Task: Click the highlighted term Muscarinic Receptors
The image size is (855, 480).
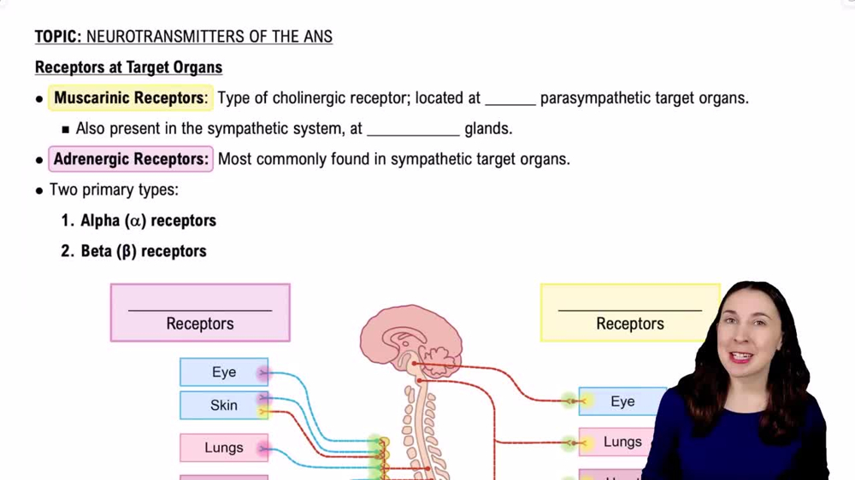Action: tap(130, 98)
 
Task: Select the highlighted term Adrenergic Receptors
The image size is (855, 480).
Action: tap(131, 159)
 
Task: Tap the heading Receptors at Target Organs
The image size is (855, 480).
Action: tap(128, 67)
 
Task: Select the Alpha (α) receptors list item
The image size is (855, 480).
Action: tap(148, 220)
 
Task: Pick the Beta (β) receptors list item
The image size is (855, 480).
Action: tap(144, 251)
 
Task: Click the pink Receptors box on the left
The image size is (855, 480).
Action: tap(200, 313)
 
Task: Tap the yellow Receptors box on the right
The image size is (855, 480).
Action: tap(630, 313)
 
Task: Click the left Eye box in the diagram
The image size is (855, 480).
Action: tap(224, 372)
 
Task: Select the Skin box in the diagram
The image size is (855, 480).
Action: tap(224, 405)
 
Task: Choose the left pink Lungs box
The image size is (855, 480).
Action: tap(224, 448)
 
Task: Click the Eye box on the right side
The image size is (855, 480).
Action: tap(622, 401)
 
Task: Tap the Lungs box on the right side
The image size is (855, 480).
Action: tap(622, 442)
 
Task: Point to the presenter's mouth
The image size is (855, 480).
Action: tap(741, 356)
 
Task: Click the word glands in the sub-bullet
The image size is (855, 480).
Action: tap(488, 129)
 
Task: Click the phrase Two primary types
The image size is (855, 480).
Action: tap(114, 190)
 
